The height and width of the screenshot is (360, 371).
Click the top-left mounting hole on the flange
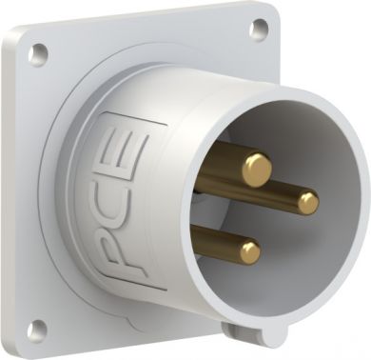39,51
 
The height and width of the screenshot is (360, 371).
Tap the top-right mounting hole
259,28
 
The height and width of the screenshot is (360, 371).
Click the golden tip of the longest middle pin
308,204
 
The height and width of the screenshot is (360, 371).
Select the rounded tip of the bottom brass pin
250,252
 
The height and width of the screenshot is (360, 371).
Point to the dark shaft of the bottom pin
217,242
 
